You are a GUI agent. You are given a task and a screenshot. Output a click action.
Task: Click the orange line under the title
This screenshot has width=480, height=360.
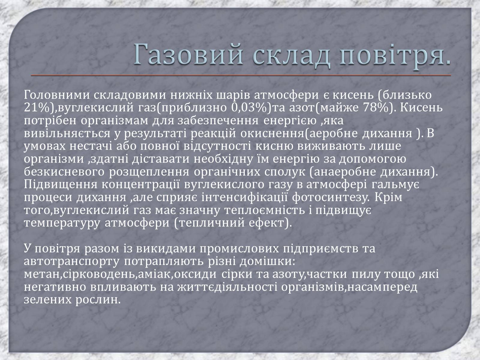[x=241, y=75]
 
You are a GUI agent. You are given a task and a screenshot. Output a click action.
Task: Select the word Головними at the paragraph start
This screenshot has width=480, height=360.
[x=57, y=95]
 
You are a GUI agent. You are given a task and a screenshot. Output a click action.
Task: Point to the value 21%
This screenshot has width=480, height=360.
[x=37, y=107]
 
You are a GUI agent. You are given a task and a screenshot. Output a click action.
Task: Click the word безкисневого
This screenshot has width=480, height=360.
[x=64, y=172]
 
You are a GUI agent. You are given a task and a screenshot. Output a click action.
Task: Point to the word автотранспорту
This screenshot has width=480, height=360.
[x=72, y=262]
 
